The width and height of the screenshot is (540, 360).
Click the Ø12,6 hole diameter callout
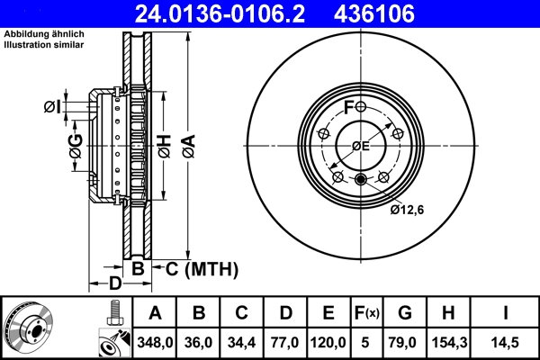tap(407, 211)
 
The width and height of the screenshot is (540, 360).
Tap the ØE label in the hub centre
tap(361, 146)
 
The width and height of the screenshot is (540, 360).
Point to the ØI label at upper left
tap(53, 108)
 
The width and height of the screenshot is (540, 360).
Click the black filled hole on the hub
tap(361, 178)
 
